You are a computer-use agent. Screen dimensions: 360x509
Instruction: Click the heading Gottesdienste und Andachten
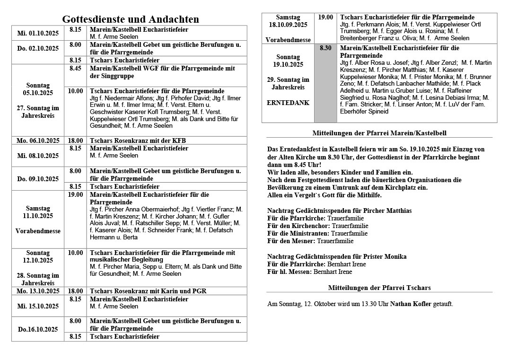[131, 19]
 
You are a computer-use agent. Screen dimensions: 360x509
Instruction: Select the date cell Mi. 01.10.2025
[38, 33]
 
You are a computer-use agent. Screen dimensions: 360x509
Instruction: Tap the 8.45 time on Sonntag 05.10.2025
[75, 69]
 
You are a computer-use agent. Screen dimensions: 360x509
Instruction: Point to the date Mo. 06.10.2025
[38, 140]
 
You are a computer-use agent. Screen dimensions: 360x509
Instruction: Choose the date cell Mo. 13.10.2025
[38, 291]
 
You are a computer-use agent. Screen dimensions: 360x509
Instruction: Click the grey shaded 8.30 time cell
[325, 48]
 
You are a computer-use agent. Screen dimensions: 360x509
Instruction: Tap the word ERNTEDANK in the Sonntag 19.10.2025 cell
[288, 102]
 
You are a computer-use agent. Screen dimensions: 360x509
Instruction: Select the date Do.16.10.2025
[38, 329]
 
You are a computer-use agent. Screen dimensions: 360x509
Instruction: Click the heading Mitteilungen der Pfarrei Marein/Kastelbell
[379, 133]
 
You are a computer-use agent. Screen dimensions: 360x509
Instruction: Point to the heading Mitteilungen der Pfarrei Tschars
[379, 288]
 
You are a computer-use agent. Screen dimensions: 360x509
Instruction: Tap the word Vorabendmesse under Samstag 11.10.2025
[38, 231]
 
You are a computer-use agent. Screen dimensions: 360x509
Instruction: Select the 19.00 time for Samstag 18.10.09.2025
[325, 18]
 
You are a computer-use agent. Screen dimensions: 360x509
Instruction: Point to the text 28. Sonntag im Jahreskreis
[38, 279]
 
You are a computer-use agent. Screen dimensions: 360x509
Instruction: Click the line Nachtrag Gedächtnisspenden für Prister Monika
[336, 256]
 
